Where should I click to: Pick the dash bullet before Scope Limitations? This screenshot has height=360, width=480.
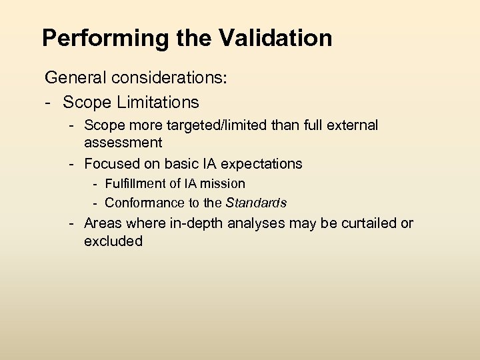point(49,102)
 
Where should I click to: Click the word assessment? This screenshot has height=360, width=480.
point(123,142)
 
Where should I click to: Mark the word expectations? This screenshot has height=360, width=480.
point(263,163)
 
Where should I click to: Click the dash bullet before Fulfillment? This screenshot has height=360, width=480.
point(96,183)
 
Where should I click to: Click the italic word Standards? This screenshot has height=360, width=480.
point(257,203)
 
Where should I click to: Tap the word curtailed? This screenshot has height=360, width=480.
point(369,223)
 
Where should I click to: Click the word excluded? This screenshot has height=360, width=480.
point(113,241)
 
